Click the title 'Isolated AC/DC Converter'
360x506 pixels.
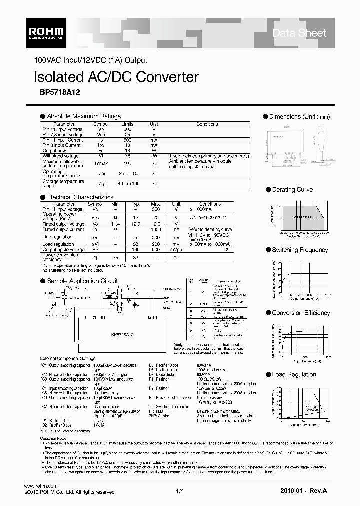(115, 77)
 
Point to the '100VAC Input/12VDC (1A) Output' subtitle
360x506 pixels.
(90, 60)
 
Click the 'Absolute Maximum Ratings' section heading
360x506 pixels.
(83, 116)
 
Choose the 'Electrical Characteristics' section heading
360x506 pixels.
(80, 197)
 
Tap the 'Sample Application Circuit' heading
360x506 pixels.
(82, 281)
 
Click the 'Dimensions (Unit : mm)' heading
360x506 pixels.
(300, 117)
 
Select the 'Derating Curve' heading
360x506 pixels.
(292, 190)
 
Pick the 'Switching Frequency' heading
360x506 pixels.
(300, 250)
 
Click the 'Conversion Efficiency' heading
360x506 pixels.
(301, 313)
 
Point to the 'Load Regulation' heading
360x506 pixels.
(294, 374)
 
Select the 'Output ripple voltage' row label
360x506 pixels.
(63, 249)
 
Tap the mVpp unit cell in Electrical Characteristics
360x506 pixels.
(176, 249)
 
